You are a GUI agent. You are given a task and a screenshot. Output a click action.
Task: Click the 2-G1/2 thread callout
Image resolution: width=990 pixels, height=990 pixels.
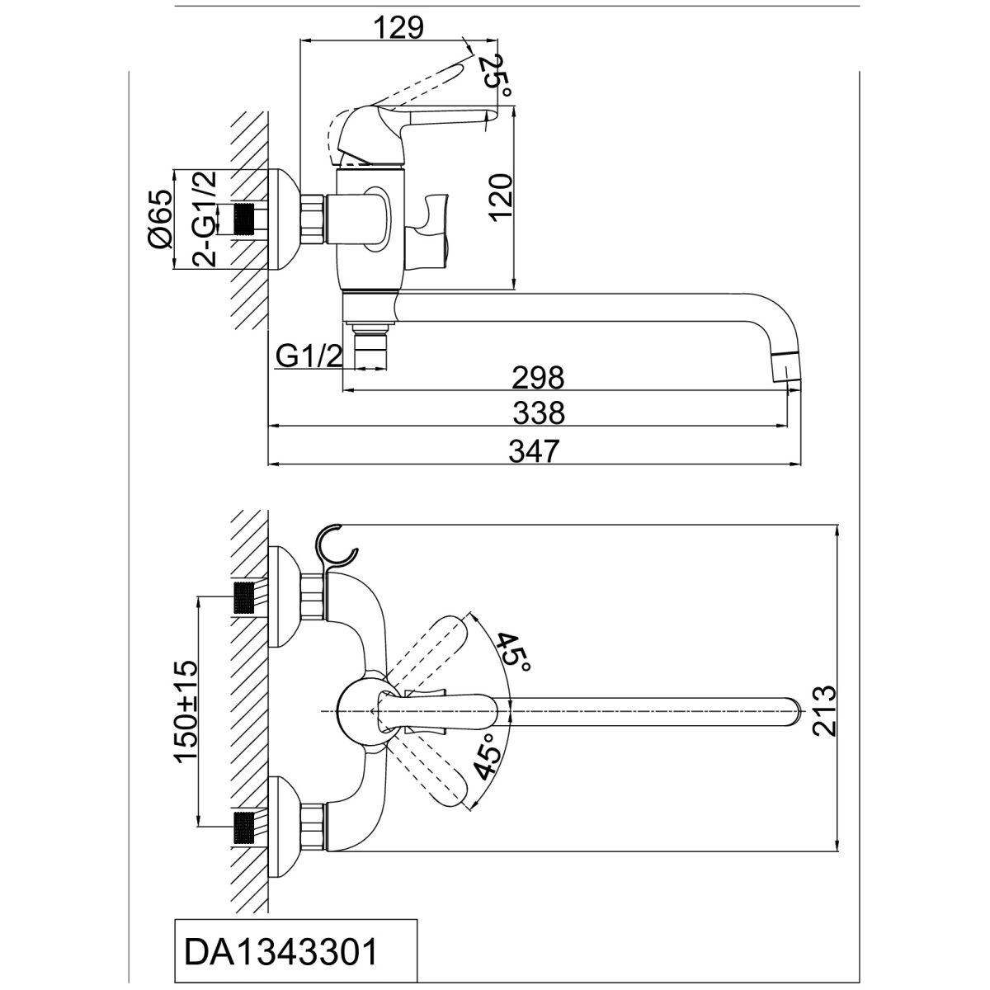coord(204,219)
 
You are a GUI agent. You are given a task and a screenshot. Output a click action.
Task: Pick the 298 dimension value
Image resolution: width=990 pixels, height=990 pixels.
coord(538,378)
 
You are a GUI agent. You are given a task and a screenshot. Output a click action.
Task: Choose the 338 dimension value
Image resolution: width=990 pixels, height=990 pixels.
coord(539,412)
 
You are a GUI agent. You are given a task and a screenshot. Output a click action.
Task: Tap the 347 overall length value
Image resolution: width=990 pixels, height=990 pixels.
coord(534,451)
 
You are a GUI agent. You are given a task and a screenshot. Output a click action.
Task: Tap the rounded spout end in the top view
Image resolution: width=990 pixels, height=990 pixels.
coord(793,711)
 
